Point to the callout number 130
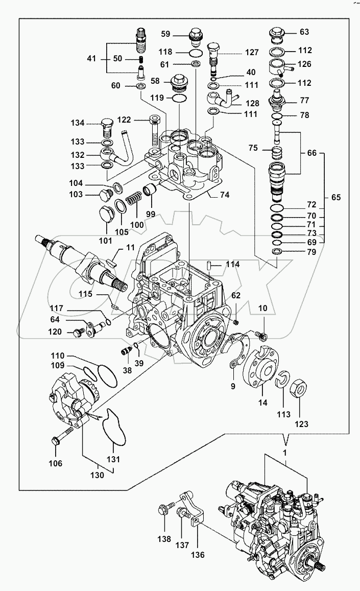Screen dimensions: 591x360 tap(97, 474)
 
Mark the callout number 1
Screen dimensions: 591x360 tap(285, 453)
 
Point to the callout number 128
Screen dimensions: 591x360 tap(251, 103)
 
